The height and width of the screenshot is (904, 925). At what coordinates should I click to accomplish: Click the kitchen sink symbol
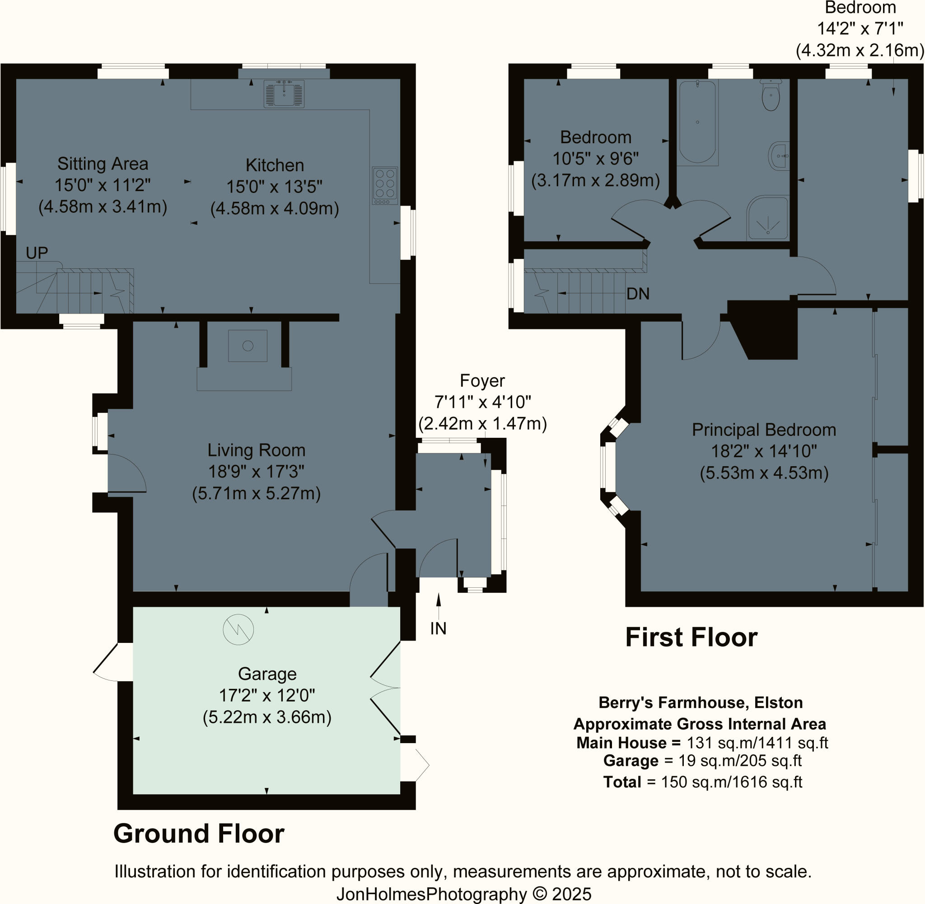point(284,93)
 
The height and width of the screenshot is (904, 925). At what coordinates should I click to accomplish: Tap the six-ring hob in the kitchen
point(385,185)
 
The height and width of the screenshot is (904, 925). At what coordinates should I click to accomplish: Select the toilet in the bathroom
point(770,96)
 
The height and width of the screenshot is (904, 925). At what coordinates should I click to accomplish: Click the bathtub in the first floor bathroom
point(697,122)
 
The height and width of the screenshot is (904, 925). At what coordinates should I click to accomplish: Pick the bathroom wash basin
point(778,156)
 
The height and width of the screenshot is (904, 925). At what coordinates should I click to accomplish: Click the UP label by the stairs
point(37,253)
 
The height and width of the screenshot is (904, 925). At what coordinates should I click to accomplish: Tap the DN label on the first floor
point(637,294)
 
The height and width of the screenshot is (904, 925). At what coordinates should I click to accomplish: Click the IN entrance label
point(438,628)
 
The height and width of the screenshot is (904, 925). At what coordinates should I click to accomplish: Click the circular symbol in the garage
point(238,630)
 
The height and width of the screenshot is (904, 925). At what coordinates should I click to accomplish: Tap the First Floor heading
point(691,637)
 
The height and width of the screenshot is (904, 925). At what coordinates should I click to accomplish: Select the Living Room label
point(256,450)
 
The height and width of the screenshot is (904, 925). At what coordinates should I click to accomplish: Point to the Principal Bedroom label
point(764,430)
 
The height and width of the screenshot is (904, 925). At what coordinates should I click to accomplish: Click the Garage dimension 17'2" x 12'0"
point(267,696)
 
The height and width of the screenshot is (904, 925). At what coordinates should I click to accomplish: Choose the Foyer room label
point(482,381)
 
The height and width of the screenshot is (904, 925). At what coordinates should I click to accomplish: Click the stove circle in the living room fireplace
point(248,346)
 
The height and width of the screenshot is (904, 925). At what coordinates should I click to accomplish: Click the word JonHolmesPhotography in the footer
point(431,894)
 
